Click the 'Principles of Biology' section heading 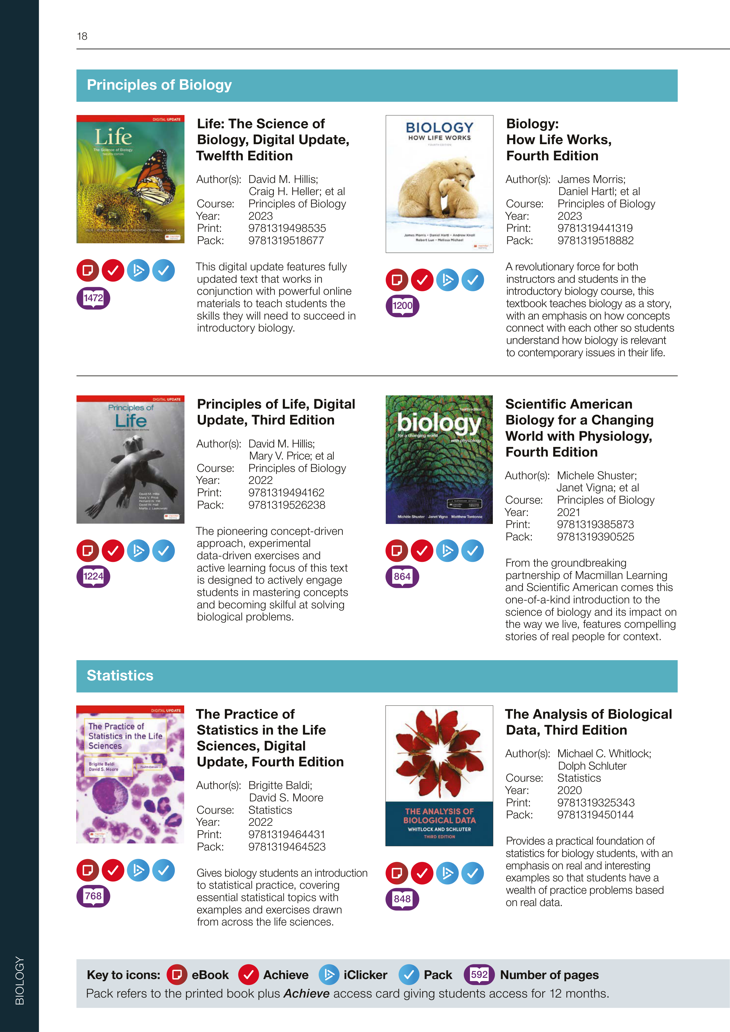point(159,85)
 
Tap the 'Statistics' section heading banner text point(120,675)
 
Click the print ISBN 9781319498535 point(287,228)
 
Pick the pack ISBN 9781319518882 point(595,240)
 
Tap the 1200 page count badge point(402,306)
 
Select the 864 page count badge point(402,577)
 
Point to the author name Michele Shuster point(596,475)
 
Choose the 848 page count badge point(402,899)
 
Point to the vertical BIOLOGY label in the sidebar point(20,980)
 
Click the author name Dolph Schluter point(592,766)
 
